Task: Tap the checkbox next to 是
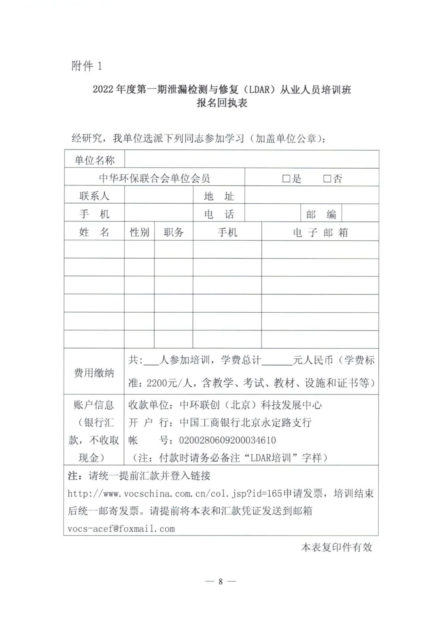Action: [x=286, y=179]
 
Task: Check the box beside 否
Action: [x=327, y=179]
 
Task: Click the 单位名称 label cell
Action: [x=95, y=160]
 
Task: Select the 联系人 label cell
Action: [x=94, y=196]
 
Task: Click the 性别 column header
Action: [x=139, y=232]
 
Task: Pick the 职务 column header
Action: [x=174, y=232]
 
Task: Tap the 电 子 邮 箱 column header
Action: [x=320, y=232]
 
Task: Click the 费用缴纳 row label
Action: [x=94, y=373]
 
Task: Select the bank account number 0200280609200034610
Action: [x=227, y=440]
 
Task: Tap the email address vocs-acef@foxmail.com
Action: [x=121, y=528]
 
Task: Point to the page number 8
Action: [x=221, y=582]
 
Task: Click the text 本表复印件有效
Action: [x=336, y=548]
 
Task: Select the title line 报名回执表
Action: [x=222, y=103]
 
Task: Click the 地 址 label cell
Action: [x=219, y=196]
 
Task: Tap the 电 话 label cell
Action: [x=219, y=214]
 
